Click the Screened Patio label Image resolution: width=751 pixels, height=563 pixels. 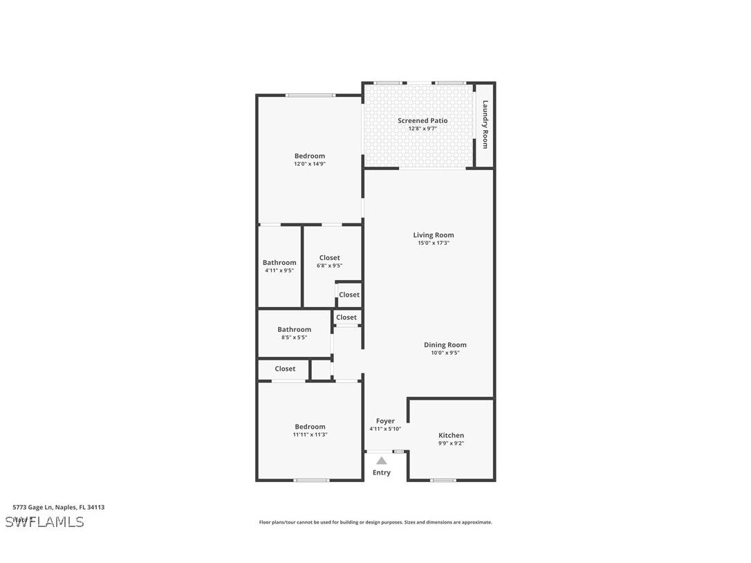tap(423, 121)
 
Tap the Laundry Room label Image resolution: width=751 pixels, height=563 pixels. tap(485, 124)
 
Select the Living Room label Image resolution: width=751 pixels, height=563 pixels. tap(434, 235)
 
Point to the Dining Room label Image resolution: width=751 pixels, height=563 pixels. tap(445, 345)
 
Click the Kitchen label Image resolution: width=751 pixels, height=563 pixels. tap(451, 436)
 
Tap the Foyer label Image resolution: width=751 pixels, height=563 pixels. tap(385, 421)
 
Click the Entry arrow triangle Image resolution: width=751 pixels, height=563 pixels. tap(382, 461)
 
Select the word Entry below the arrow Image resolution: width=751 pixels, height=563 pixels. tap(382, 473)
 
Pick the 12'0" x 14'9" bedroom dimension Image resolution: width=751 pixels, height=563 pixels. tap(309, 164)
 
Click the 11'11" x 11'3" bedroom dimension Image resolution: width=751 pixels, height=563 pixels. tap(310, 435)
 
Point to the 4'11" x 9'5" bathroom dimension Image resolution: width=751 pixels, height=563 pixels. tap(279, 270)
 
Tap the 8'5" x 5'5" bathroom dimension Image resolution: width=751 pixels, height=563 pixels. tap(294, 338)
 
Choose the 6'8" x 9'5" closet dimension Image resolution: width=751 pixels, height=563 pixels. tap(329, 266)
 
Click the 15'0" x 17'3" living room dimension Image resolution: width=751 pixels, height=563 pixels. tap(434, 243)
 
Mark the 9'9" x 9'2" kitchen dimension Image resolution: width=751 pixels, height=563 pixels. tap(451, 443)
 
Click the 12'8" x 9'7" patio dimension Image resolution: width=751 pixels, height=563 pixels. tap(423, 129)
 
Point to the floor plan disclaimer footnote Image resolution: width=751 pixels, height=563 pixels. tap(375, 523)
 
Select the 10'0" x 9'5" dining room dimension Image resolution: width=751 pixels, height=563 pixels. tap(445, 353)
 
